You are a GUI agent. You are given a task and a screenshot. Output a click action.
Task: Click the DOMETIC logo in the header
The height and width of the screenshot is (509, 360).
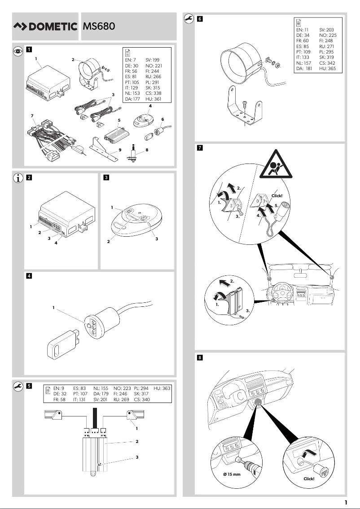point(45,27)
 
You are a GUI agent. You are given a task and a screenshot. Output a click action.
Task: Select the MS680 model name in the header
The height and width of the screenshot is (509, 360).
point(100,27)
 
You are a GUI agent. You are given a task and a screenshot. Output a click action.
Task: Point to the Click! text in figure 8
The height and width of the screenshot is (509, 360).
point(309,478)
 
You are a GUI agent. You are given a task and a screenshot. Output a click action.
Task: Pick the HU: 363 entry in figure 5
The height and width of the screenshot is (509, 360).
point(162,388)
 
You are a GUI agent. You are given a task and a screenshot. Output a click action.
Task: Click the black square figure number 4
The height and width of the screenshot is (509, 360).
point(29,275)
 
